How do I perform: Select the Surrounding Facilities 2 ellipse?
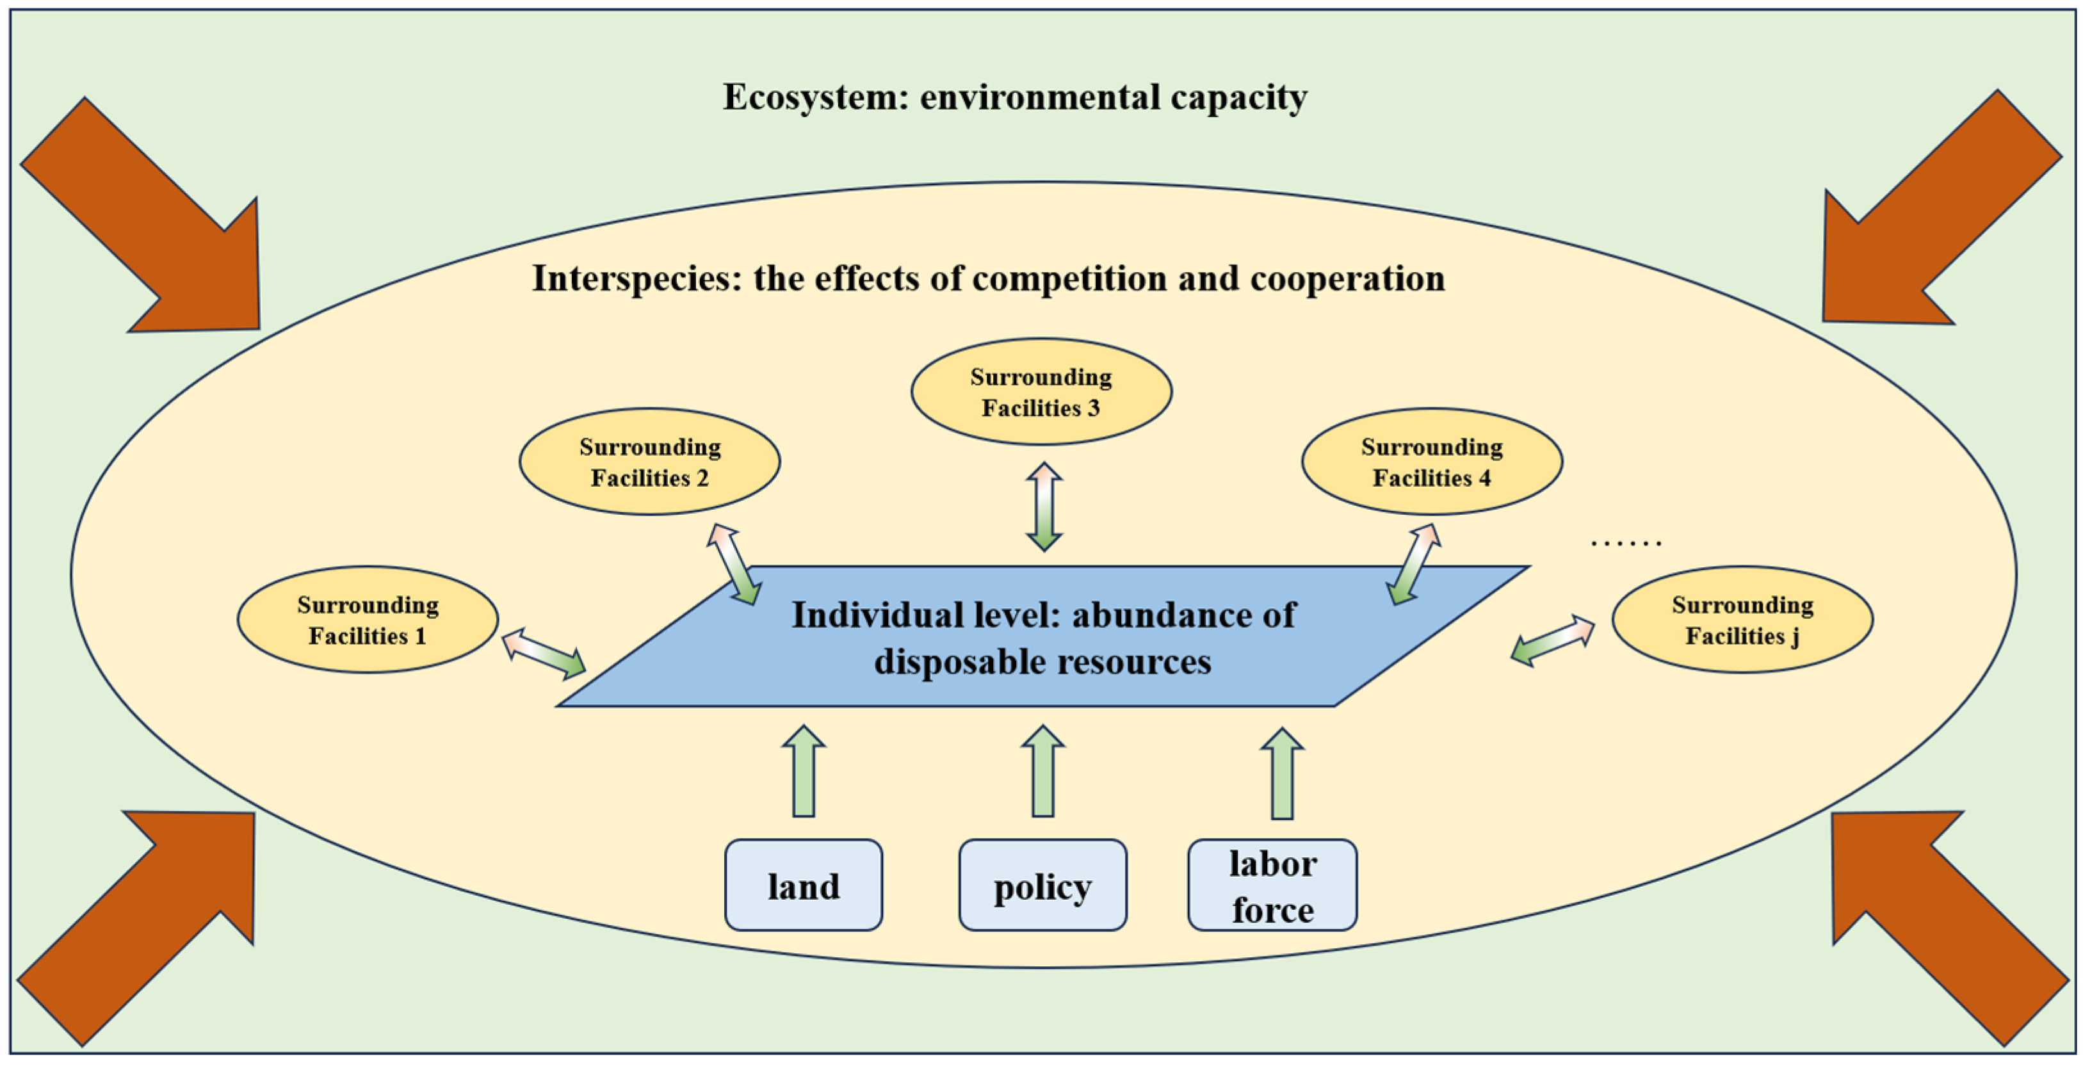click(649, 462)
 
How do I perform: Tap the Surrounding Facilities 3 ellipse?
click(1041, 392)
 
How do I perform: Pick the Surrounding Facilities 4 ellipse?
click(1431, 462)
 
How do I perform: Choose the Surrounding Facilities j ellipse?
click(1742, 619)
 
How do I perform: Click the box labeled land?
click(803, 886)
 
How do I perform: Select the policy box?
click(1042, 886)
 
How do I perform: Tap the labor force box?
click(1272, 886)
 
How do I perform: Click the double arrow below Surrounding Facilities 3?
click(1044, 507)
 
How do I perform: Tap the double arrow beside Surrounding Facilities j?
click(1553, 640)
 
